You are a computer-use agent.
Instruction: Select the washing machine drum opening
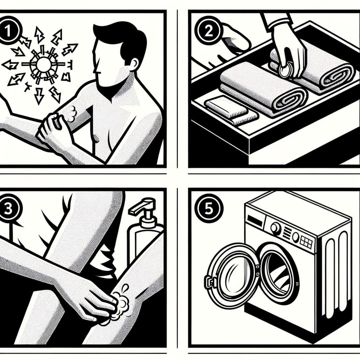pos(278,271)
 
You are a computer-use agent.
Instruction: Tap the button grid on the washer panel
pos(307,242)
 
